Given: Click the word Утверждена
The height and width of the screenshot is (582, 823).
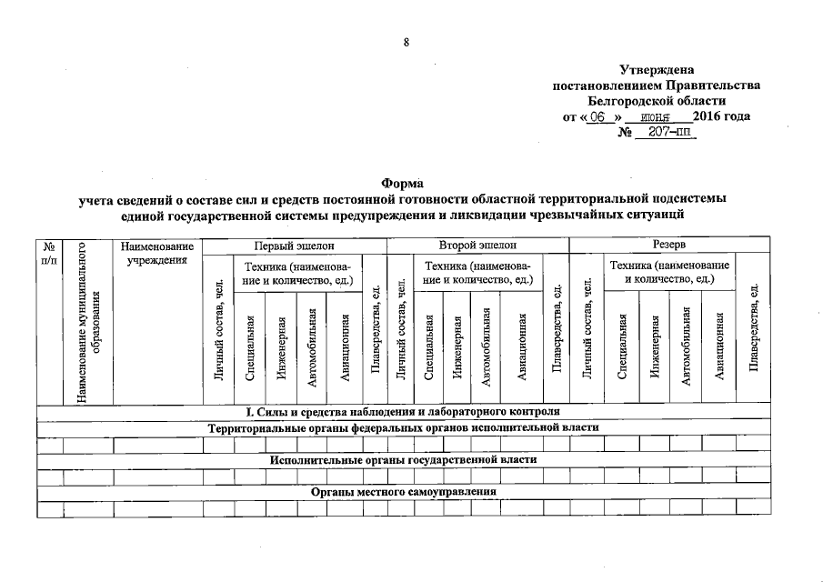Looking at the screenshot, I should coord(656,70).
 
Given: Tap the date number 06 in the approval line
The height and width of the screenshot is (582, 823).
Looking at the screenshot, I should coord(597,117).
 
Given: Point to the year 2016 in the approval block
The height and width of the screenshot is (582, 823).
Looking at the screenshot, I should coord(707,117).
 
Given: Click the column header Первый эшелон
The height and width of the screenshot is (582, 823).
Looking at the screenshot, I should coord(293,246).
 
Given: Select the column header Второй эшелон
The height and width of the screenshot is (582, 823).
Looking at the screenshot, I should coord(477,246).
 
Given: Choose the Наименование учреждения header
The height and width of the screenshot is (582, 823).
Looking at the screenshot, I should coord(156,253).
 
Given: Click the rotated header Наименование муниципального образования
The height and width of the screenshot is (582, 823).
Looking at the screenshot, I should coord(87,323).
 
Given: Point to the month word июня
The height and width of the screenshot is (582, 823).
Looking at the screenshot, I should coord(655,117).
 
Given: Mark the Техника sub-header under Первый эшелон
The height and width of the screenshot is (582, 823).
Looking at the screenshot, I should coord(296,271).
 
